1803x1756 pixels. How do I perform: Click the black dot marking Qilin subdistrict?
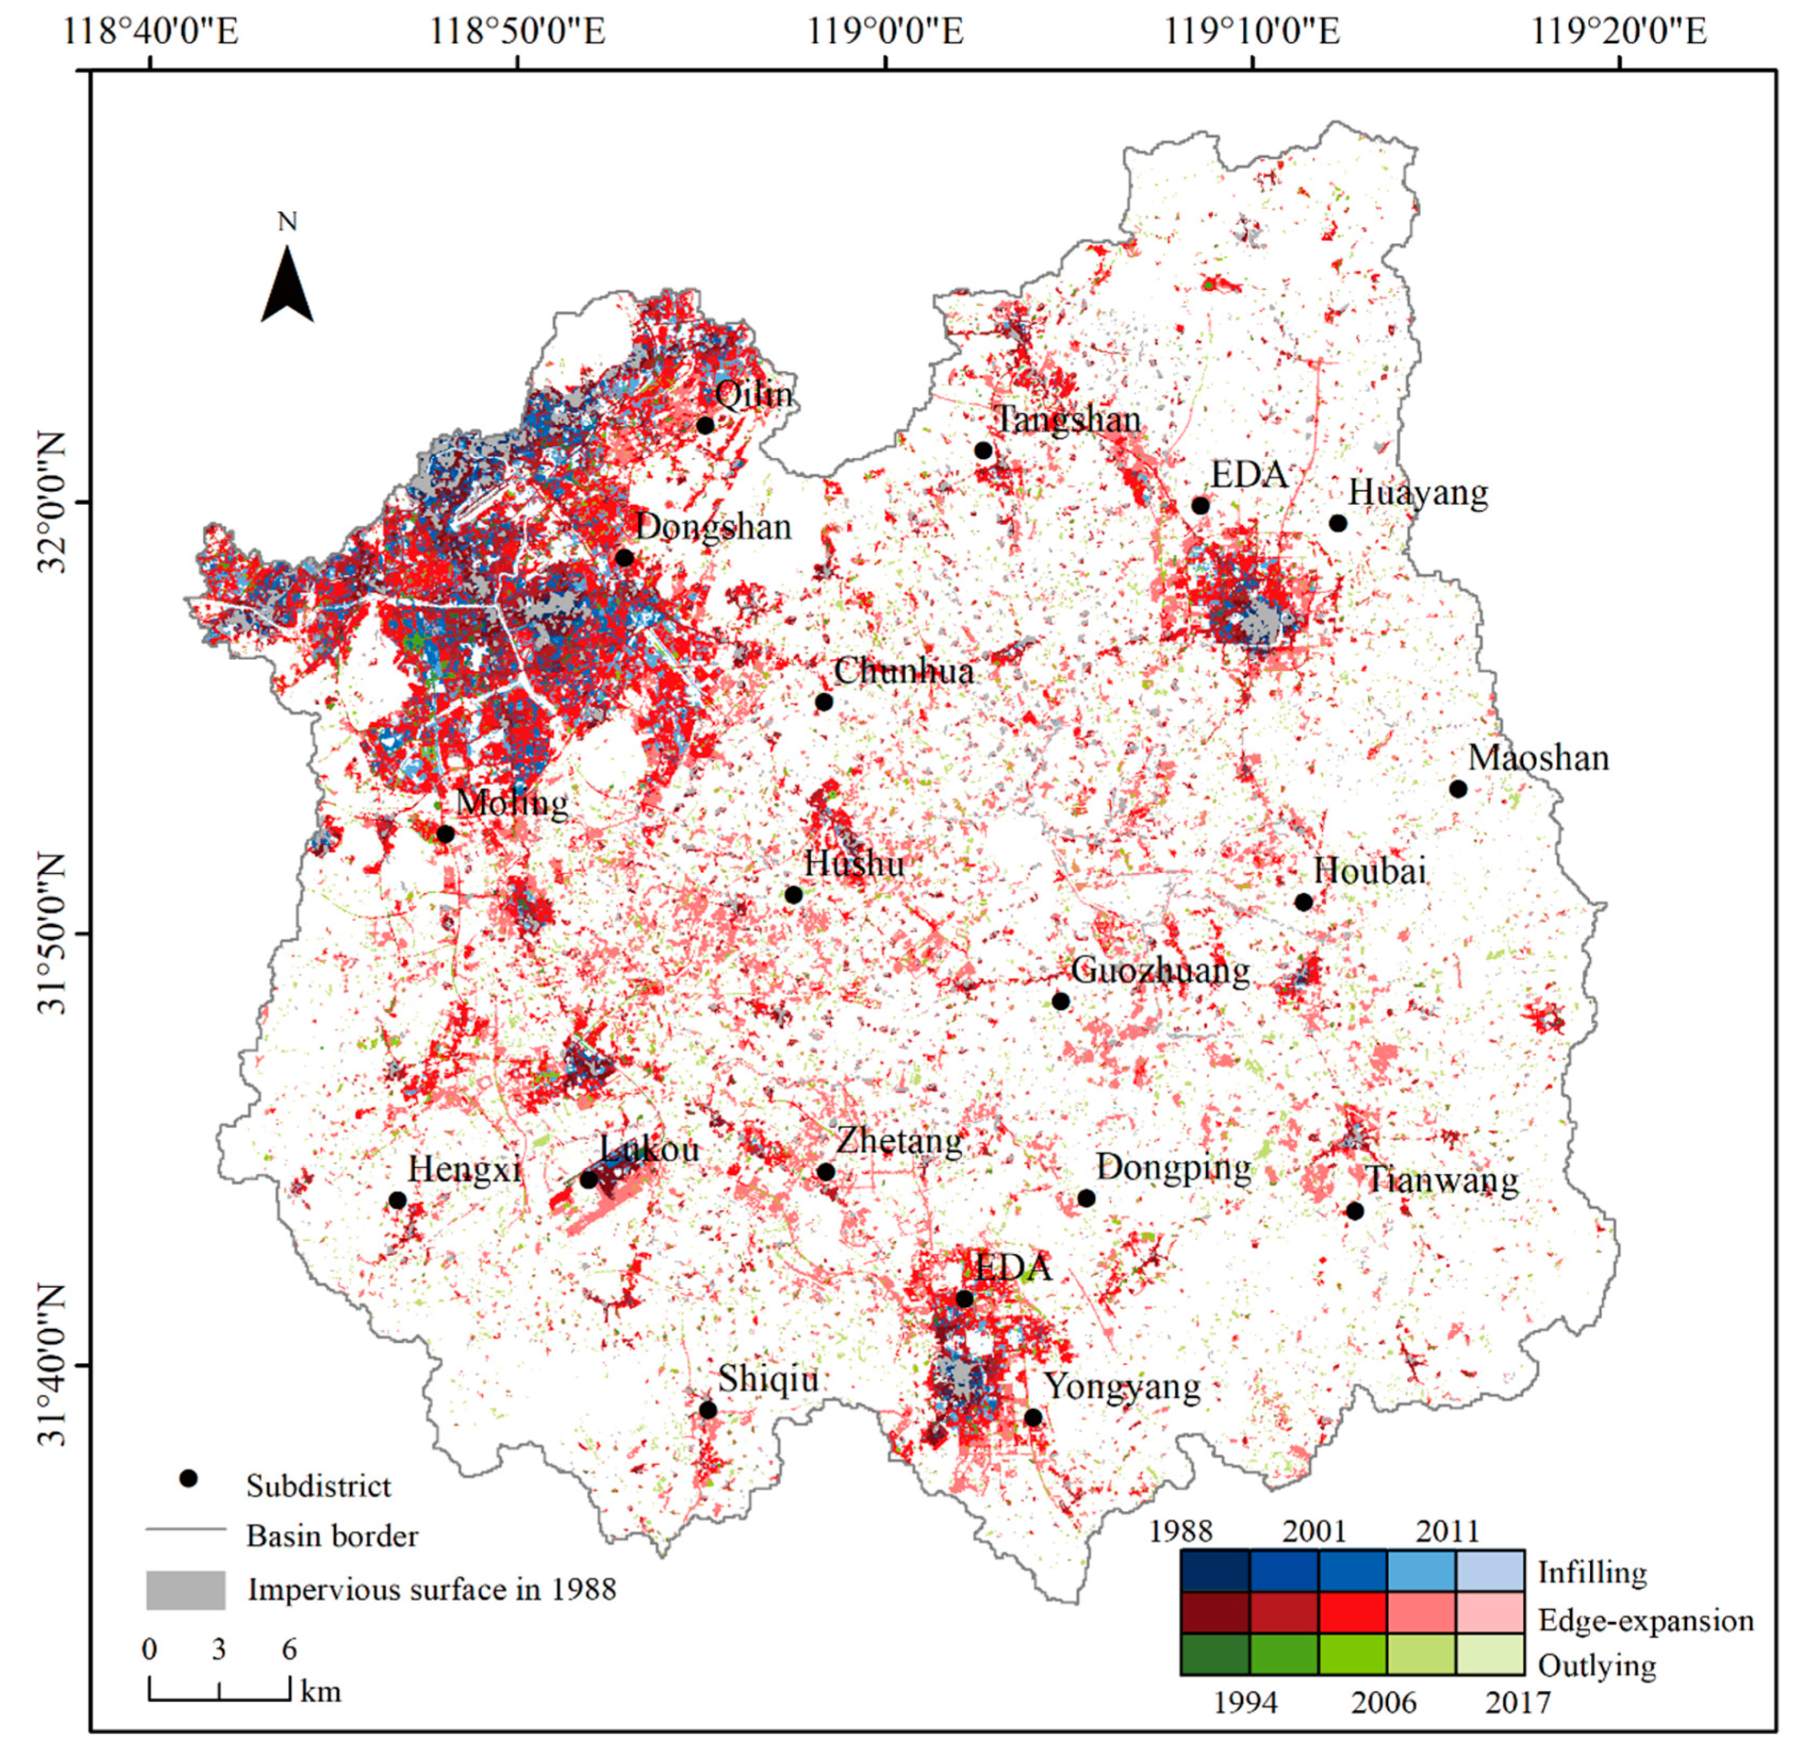(706, 425)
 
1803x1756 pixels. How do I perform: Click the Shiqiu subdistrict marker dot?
(708, 1410)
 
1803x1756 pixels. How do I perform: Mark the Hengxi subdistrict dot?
(397, 1200)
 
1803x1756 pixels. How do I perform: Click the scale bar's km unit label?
(320, 1691)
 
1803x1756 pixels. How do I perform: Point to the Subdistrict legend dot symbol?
(189, 1478)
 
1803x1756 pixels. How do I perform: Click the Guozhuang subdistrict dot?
(1061, 1001)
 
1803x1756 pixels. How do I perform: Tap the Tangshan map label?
(1068, 420)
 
